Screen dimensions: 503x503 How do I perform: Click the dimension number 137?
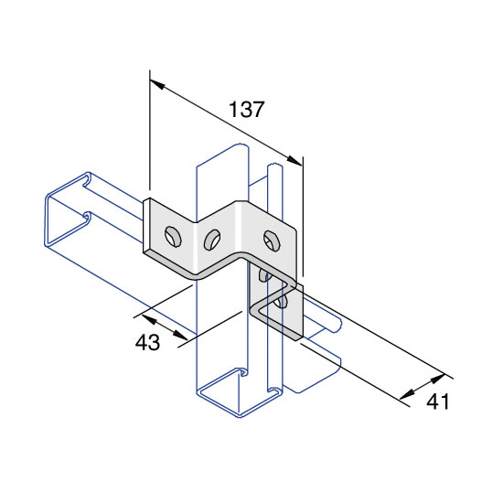pos(246,110)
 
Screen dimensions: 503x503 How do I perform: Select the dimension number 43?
pos(147,342)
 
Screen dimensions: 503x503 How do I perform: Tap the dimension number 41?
pos(437,401)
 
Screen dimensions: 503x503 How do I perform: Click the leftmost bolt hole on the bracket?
pos(173,237)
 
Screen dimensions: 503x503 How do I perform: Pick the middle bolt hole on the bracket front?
pos(212,240)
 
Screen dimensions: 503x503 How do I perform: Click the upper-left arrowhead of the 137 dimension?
pos(157,84)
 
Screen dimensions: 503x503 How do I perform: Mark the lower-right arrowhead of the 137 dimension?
pos(294,160)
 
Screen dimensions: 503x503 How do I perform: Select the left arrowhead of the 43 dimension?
pos(148,319)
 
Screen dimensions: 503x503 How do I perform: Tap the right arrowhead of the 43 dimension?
pos(180,335)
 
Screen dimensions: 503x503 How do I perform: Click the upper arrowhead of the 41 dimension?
pos(438,379)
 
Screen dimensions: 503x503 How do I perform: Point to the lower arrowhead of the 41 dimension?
pos(407,394)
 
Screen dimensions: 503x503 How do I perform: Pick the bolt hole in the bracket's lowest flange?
pos(281,302)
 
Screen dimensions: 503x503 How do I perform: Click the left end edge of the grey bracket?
pos(146,226)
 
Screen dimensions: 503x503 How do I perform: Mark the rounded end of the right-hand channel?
pos(337,324)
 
